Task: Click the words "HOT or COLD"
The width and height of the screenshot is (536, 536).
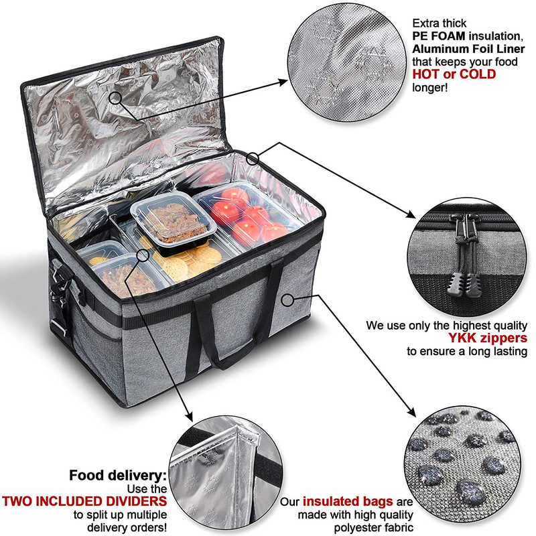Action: click(x=454, y=74)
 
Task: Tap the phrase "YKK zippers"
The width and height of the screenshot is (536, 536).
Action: click(x=488, y=338)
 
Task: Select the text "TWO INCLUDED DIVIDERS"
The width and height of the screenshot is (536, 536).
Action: click(x=85, y=501)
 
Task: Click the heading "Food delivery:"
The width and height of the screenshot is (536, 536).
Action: click(x=118, y=475)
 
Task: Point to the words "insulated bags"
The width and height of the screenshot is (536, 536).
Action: click(x=348, y=501)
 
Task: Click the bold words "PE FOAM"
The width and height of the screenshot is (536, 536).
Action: click(x=439, y=36)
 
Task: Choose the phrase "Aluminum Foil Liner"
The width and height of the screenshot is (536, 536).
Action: click(x=468, y=49)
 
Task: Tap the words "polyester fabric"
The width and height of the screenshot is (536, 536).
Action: click(x=373, y=527)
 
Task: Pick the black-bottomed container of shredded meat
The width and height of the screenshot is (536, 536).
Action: click(x=174, y=222)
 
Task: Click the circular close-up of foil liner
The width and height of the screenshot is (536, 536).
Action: click(x=346, y=63)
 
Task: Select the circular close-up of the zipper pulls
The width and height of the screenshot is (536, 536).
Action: click(x=466, y=257)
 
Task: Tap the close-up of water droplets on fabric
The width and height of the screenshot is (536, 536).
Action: click(x=464, y=465)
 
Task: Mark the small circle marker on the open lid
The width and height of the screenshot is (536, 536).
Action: click(x=115, y=98)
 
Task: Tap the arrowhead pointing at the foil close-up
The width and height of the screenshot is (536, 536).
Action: click(x=283, y=82)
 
